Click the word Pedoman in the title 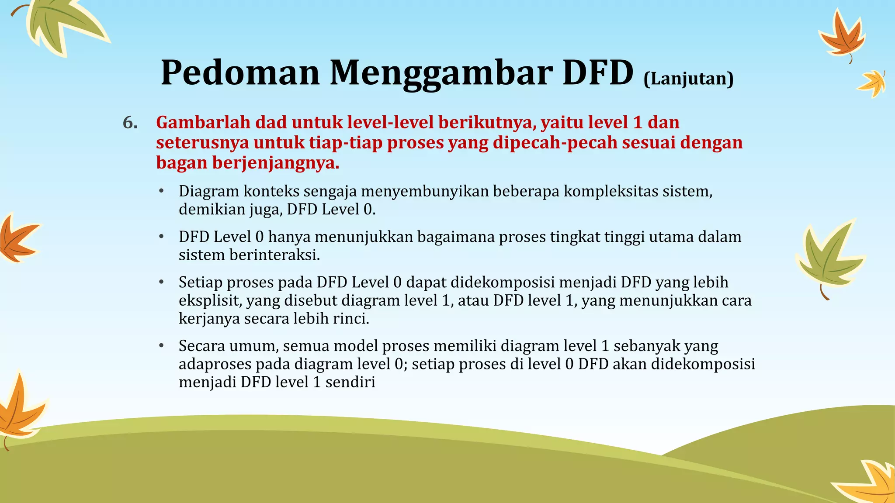point(240,73)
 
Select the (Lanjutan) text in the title point(688,79)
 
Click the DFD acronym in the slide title point(597,72)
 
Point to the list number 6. point(130,123)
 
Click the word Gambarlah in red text point(203,123)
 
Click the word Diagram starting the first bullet point(208,192)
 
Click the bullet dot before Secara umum point(161,346)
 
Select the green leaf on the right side point(828,258)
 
